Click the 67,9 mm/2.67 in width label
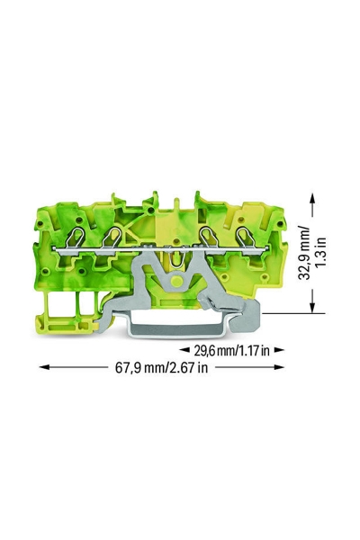(x=161, y=367)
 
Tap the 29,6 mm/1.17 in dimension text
(x=231, y=351)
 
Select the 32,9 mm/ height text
(x=304, y=253)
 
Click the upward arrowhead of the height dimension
(x=312, y=199)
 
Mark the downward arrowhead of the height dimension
(x=312, y=307)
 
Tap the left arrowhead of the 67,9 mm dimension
(x=46, y=367)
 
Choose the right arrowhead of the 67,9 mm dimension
(x=279, y=367)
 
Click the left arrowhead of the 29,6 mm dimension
(x=184, y=350)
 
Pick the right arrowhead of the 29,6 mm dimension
(x=279, y=350)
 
